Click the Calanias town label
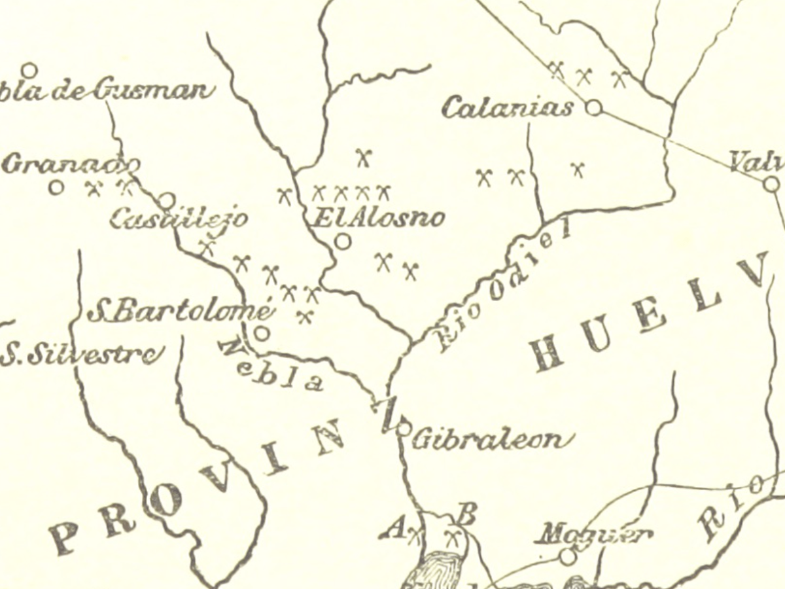tap(508, 107)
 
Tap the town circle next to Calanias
tap(593, 107)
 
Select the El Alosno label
tap(378, 217)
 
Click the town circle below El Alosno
tap(342, 241)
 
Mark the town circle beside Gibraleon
tap(404, 429)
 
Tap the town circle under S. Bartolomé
tap(262, 333)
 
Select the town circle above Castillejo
tap(167, 200)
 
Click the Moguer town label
tap(593, 535)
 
